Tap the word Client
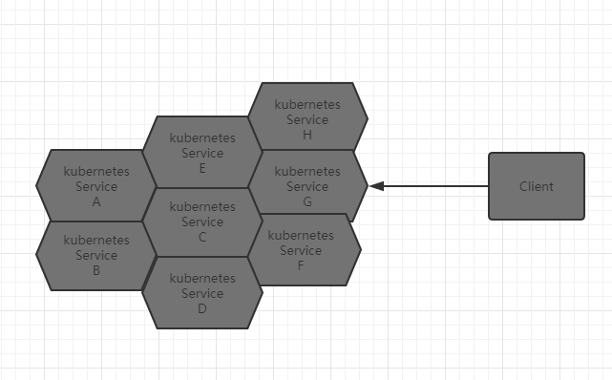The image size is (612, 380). [x=536, y=186]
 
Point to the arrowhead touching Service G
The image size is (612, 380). [x=376, y=186]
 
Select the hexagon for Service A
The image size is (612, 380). [x=95, y=185]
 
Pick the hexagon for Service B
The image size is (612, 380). [x=95, y=255]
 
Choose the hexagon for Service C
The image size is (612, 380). [x=201, y=222]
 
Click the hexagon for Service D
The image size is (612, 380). [x=201, y=293]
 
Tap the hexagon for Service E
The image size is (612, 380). [x=201, y=152]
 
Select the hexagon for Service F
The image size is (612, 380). [x=302, y=249]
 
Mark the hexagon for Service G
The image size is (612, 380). [x=306, y=185]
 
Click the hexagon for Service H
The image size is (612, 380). [x=306, y=118]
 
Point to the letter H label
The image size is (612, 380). [x=306, y=135]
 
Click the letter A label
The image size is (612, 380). [x=96, y=201]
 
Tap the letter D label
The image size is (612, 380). [x=201, y=308]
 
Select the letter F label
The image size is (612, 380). [x=301, y=265]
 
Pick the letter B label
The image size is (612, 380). [x=96, y=270]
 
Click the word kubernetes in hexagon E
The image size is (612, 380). [x=201, y=137]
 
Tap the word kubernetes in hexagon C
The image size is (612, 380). [x=201, y=206]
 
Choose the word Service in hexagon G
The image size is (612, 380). [x=306, y=186]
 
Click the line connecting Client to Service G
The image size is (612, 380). [x=434, y=186]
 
